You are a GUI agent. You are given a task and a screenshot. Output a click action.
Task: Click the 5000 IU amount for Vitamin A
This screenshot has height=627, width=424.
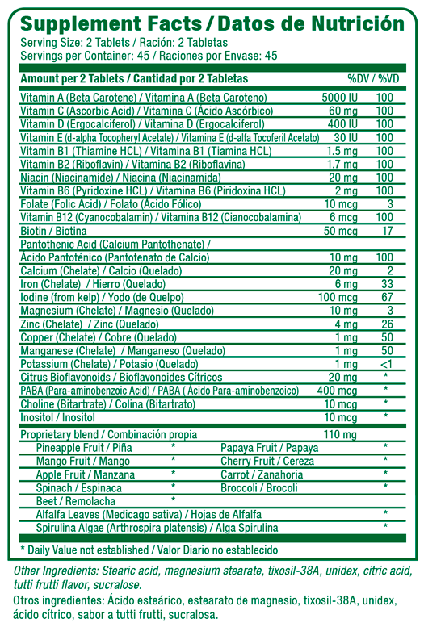tap(339, 97)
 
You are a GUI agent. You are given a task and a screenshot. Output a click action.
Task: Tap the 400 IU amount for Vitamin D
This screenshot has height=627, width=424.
tap(342, 123)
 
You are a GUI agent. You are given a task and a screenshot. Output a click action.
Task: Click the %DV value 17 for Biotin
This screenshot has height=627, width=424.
tap(386, 231)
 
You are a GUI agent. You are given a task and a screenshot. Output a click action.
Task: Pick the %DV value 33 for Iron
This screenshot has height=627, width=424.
tap(386, 284)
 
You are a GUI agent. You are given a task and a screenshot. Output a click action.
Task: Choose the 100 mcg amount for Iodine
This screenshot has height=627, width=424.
tap(339, 298)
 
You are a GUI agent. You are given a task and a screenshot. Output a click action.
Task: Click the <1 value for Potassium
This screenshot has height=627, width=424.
tap(386, 363)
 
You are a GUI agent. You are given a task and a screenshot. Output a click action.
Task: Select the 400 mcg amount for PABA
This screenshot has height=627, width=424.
tap(339, 390)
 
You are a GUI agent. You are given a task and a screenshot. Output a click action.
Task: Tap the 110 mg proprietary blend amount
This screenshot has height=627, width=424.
tap(340, 434)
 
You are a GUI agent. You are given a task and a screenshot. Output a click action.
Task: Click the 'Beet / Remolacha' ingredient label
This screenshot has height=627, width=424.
tap(76, 500)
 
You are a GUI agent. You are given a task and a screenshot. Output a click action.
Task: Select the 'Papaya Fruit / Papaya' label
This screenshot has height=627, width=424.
tap(270, 447)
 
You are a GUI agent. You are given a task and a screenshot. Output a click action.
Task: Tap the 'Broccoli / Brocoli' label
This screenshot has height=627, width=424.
tap(259, 487)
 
